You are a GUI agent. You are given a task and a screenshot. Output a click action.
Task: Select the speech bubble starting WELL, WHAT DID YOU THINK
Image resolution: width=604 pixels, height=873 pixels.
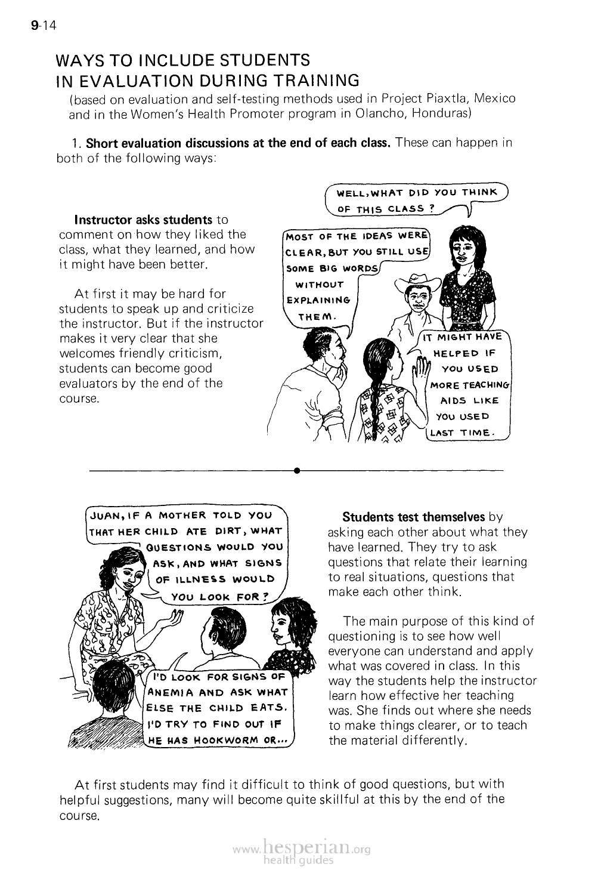tap(417, 200)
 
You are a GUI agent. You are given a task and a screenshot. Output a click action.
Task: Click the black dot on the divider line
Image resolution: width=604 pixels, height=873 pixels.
tap(296, 471)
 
